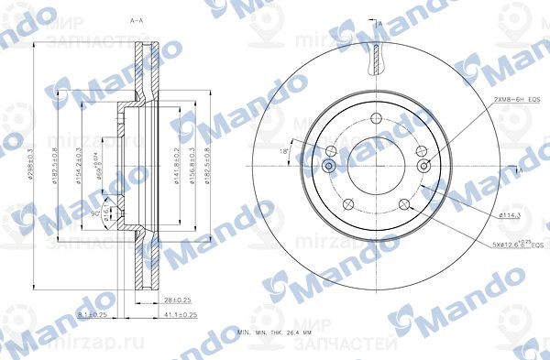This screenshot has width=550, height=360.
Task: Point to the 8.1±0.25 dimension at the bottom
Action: click(x=94, y=314)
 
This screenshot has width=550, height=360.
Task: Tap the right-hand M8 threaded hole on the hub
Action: click(x=423, y=166)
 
